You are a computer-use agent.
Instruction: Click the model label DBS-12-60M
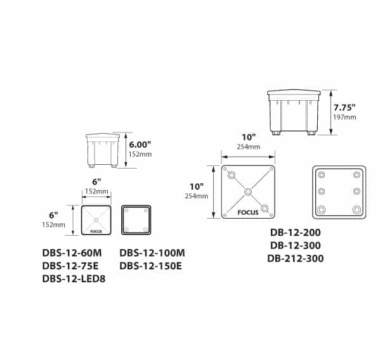72,253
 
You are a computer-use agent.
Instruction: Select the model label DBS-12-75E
70,266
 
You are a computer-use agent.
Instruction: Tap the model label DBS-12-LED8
74,279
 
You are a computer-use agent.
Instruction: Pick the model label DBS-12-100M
152,253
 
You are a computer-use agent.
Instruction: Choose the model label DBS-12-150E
150,266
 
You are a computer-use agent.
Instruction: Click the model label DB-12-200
295,233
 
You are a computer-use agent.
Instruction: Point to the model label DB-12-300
295,245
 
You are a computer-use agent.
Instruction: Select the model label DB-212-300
295,259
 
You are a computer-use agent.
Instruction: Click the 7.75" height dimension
344,108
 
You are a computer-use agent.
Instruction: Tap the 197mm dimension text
344,117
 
